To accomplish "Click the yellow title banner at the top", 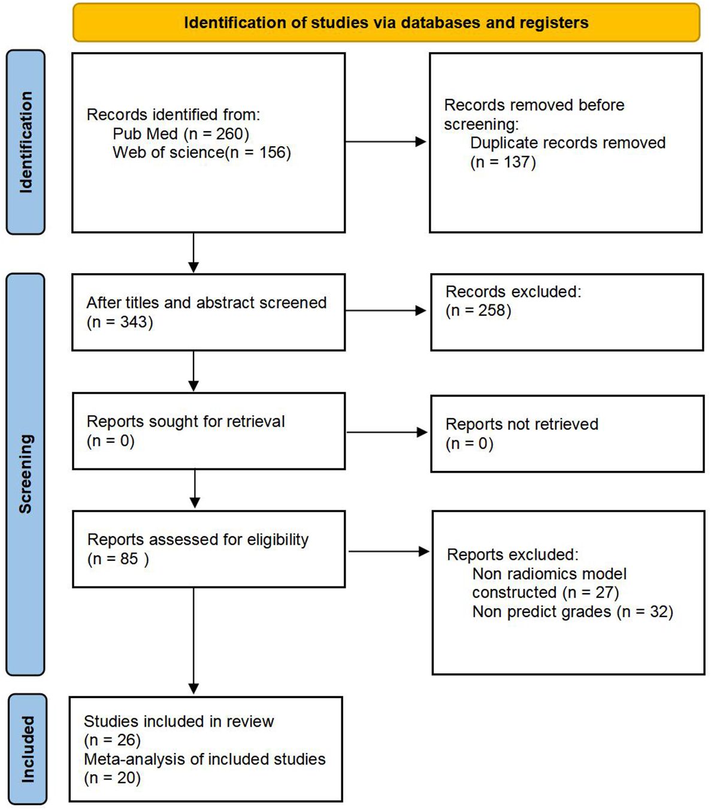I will point(386,23).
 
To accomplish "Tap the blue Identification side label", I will point(26,142).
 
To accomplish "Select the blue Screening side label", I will point(26,473).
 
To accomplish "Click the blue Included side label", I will point(28,749).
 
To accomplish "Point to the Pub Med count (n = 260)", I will point(217,134).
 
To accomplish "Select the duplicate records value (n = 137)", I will point(503,162).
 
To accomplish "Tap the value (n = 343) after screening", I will point(120,322).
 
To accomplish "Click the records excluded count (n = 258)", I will point(478,311).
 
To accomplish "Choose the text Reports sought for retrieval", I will point(186,422).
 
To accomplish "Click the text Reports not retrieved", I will point(522,424).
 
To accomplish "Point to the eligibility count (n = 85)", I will point(118,559).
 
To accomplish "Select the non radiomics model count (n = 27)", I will point(591,593).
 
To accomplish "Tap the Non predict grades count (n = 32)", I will point(645,612).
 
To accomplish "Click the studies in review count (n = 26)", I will point(112,741).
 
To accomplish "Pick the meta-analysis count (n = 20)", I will point(112,778).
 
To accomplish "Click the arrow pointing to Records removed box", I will point(386,142).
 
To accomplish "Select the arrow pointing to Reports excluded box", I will point(389,551).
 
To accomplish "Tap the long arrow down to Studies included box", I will point(193,641).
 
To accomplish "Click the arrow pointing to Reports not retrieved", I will point(387,432).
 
